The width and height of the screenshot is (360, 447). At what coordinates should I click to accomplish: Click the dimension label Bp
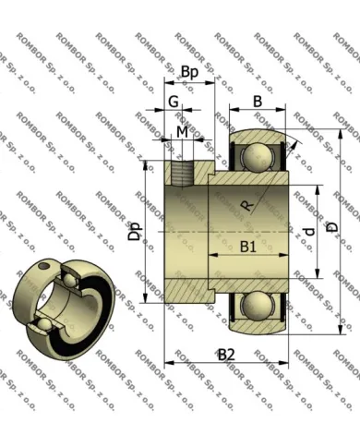tap(190, 72)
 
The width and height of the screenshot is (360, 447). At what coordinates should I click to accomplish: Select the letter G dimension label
tap(173, 101)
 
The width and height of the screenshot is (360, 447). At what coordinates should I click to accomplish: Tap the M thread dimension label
tap(182, 133)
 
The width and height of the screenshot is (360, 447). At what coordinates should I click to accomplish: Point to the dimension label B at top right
tap(258, 101)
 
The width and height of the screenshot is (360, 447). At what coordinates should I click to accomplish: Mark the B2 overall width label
tap(226, 354)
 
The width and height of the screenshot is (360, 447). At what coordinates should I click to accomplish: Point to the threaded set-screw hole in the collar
tap(181, 171)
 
